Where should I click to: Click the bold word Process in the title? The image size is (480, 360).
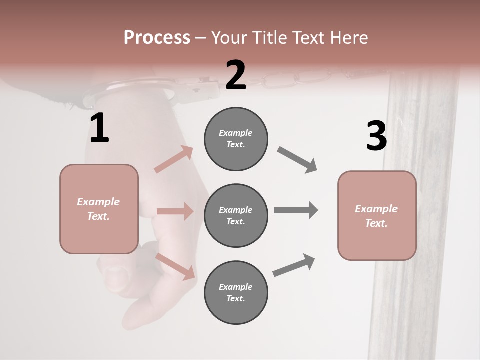157,37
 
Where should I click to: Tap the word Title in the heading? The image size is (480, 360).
270,37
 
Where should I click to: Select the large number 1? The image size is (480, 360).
99,128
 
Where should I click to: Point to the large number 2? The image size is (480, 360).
236,75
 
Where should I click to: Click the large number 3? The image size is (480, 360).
376,136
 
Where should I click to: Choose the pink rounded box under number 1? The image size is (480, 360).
99,209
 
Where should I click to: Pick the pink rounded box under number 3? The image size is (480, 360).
377,216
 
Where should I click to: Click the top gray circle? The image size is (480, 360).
236,139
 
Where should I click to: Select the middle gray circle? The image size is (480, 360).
236,216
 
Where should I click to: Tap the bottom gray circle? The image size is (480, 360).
236,293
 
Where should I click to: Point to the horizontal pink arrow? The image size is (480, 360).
175,211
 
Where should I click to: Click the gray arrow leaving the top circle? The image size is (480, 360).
297,160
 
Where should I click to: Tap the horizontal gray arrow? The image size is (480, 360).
295,210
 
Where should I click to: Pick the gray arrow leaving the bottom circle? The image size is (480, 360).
294,265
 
